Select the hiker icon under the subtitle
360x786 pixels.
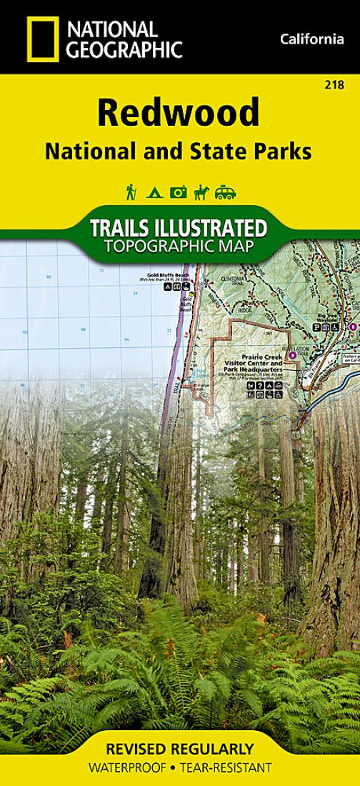[131, 191]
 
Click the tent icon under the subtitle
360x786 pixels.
[154, 192]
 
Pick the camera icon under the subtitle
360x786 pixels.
[178, 191]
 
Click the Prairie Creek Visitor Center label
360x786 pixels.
[251, 364]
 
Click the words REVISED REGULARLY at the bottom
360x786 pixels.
[179, 749]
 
